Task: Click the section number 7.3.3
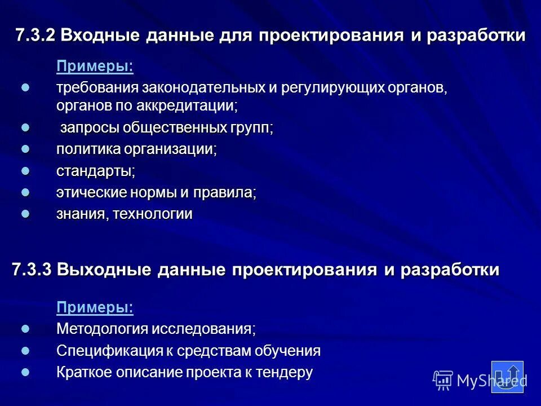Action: pos(32,270)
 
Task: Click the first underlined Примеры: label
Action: pos(95,67)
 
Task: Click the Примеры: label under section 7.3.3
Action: pos(95,307)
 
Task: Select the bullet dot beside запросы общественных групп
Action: pos(25,128)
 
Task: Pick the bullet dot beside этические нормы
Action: pos(25,192)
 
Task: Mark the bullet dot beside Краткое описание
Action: pos(25,372)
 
